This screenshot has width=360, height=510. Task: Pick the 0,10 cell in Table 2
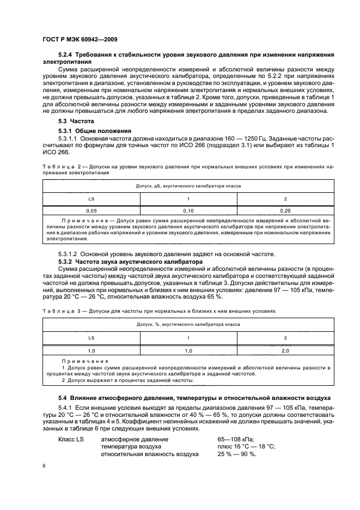[x=188, y=210]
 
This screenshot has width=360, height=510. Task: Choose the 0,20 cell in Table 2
[x=284, y=210]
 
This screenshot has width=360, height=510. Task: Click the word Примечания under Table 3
[x=85, y=361]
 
